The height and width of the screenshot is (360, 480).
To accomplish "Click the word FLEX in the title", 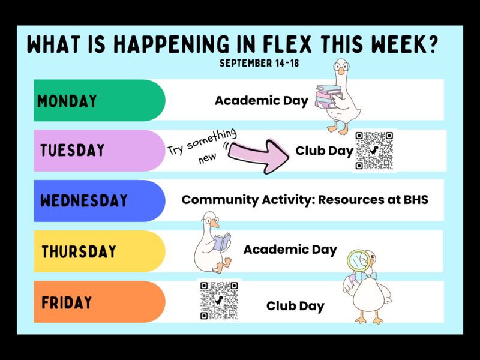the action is [x=287, y=44].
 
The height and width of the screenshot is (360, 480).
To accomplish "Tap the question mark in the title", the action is [x=431, y=44].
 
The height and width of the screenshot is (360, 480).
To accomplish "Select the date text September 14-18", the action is [x=259, y=63].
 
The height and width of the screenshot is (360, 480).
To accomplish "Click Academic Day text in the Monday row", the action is [x=262, y=101].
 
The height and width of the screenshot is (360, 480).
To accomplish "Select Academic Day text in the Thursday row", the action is [x=290, y=250].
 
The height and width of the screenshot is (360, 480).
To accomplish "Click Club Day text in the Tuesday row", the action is [x=325, y=151].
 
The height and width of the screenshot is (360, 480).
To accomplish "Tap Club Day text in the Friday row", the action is [x=295, y=306].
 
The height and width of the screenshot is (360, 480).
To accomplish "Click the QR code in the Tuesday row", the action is [x=374, y=151].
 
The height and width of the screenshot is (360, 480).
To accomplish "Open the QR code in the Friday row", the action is [x=219, y=301].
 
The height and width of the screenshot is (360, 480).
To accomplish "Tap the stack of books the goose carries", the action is [x=328, y=96].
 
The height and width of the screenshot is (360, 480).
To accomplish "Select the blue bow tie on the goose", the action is [x=368, y=277].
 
